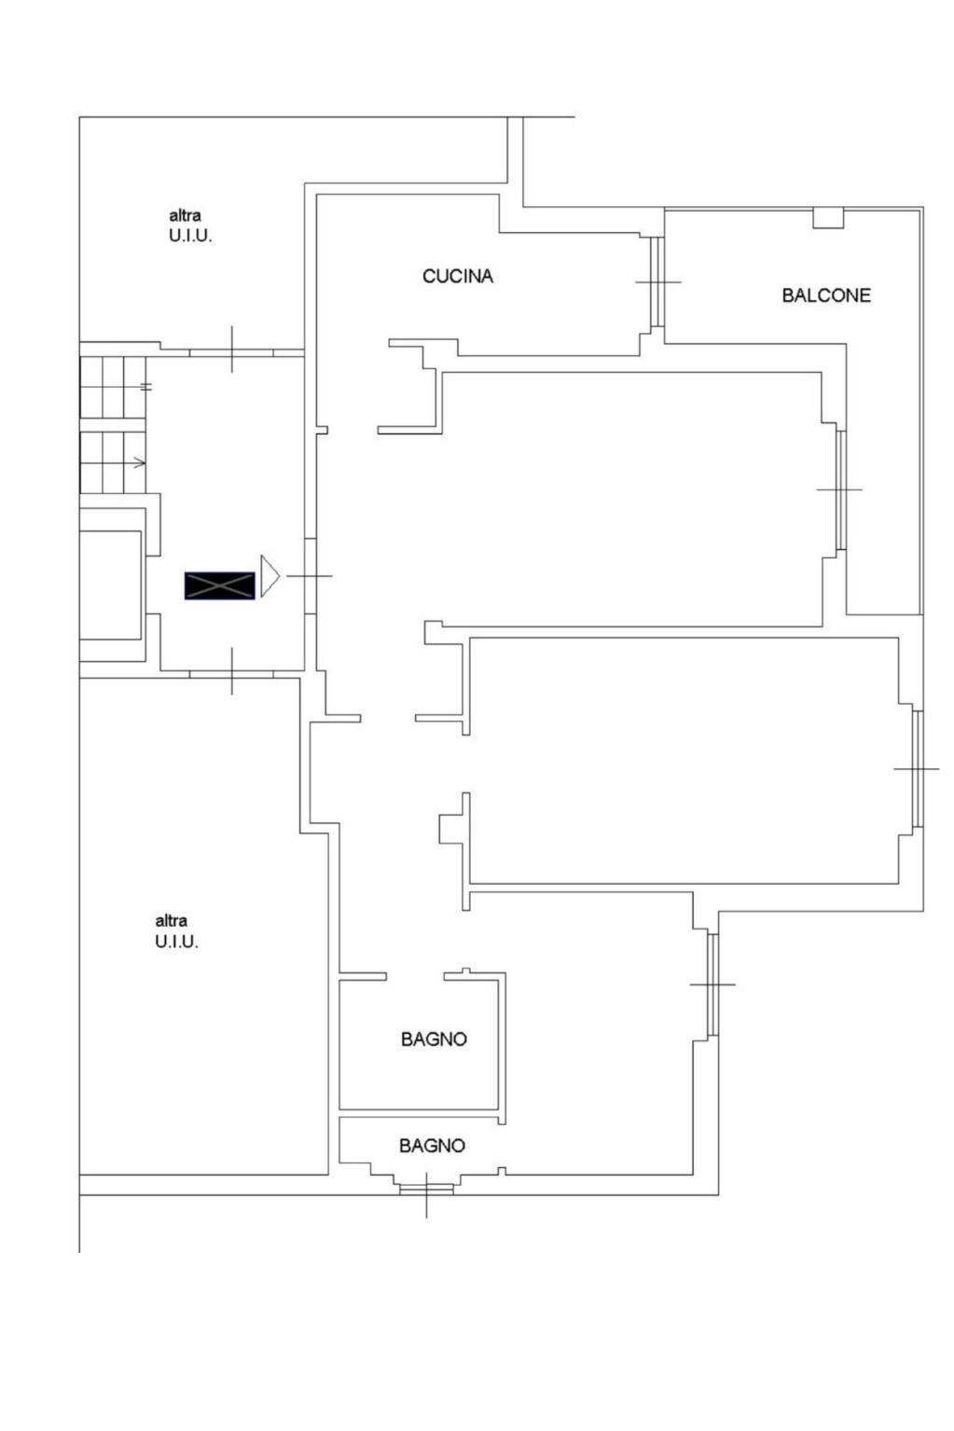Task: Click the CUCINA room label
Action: (458, 276)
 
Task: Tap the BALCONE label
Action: (826, 296)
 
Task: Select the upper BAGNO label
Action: (434, 1039)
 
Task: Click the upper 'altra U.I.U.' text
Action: (190, 226)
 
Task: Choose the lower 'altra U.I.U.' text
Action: (176, 930)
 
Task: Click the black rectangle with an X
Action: (220, 585)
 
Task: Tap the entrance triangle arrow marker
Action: (270, 576)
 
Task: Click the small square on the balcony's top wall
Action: (828, 218)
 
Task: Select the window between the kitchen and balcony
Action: (657, 282)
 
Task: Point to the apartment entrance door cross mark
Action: (310, 576)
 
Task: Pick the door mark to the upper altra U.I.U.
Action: (232, 350)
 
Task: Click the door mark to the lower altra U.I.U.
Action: (232, 671)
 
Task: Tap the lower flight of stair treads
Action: (113, 462)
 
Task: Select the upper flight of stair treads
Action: (113, 388)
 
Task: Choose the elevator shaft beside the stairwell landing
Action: (110, 585)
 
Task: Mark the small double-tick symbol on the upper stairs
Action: (146, 387)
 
